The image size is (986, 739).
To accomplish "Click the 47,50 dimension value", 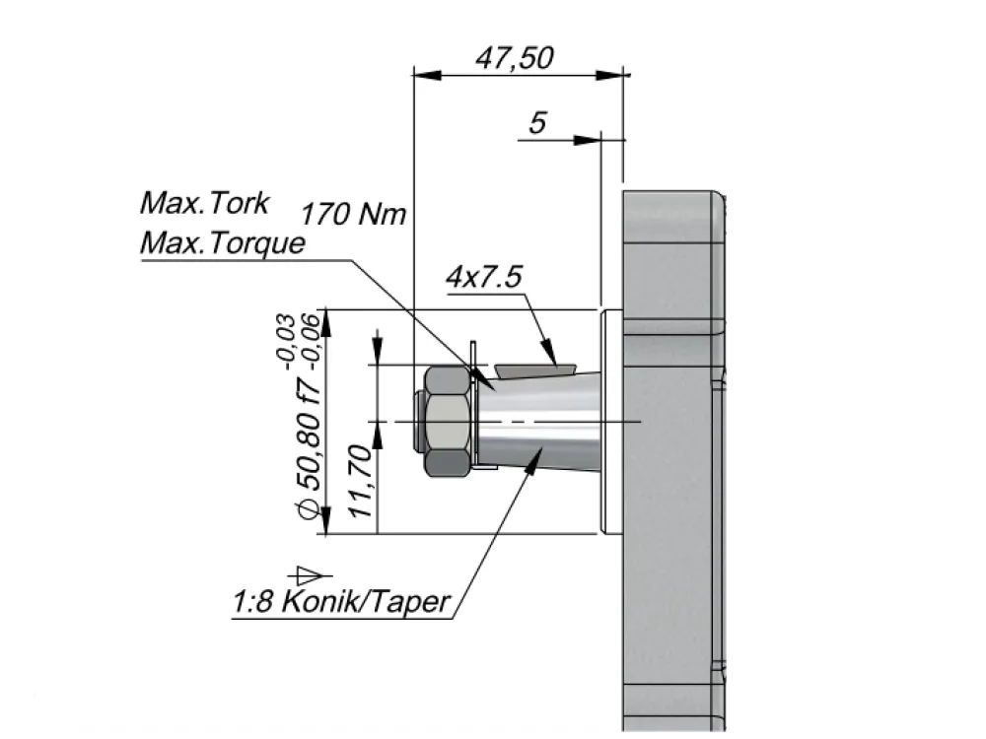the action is click(x=515, y=58).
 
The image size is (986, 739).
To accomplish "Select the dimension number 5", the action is click(x=537, y=122).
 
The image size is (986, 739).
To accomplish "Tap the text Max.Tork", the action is click(x=204, y=203).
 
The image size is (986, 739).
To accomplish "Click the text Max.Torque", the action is click(x=223, y=243).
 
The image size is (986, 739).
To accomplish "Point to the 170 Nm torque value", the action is click(x=353, y=214).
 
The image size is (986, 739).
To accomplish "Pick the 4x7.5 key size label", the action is click(x=484, y=277).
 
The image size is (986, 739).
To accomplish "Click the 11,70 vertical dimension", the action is click(x=362, y=481).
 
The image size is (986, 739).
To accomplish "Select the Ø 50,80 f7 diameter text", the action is click(x=312, y=450).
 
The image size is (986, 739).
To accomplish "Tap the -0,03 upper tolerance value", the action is click(x=285, y=341).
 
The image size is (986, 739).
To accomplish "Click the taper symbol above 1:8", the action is click(x=310, y=574).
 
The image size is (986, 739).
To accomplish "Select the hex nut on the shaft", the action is click(x=447, y=421).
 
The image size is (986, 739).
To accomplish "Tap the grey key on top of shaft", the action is click(x=535, y=370).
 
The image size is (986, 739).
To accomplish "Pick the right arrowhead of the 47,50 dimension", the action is click(x=609, y=75).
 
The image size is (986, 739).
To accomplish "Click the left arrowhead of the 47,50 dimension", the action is click(x=427, y=75).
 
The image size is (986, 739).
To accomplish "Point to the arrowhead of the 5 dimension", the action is click(x=587, y=140).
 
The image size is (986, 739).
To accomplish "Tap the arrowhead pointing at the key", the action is click(x=549, y=352).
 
